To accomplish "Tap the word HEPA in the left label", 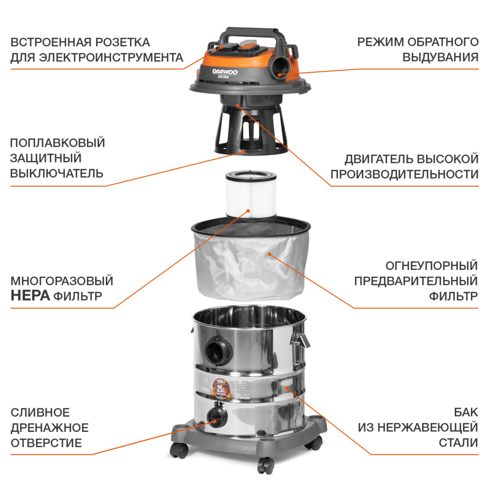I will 30,296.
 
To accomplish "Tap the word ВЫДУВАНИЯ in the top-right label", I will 440,57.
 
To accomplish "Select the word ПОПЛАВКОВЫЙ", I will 58,143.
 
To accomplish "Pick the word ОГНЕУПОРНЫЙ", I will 431,265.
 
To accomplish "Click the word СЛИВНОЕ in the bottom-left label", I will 40,413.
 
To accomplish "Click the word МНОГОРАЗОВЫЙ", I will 62,281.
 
